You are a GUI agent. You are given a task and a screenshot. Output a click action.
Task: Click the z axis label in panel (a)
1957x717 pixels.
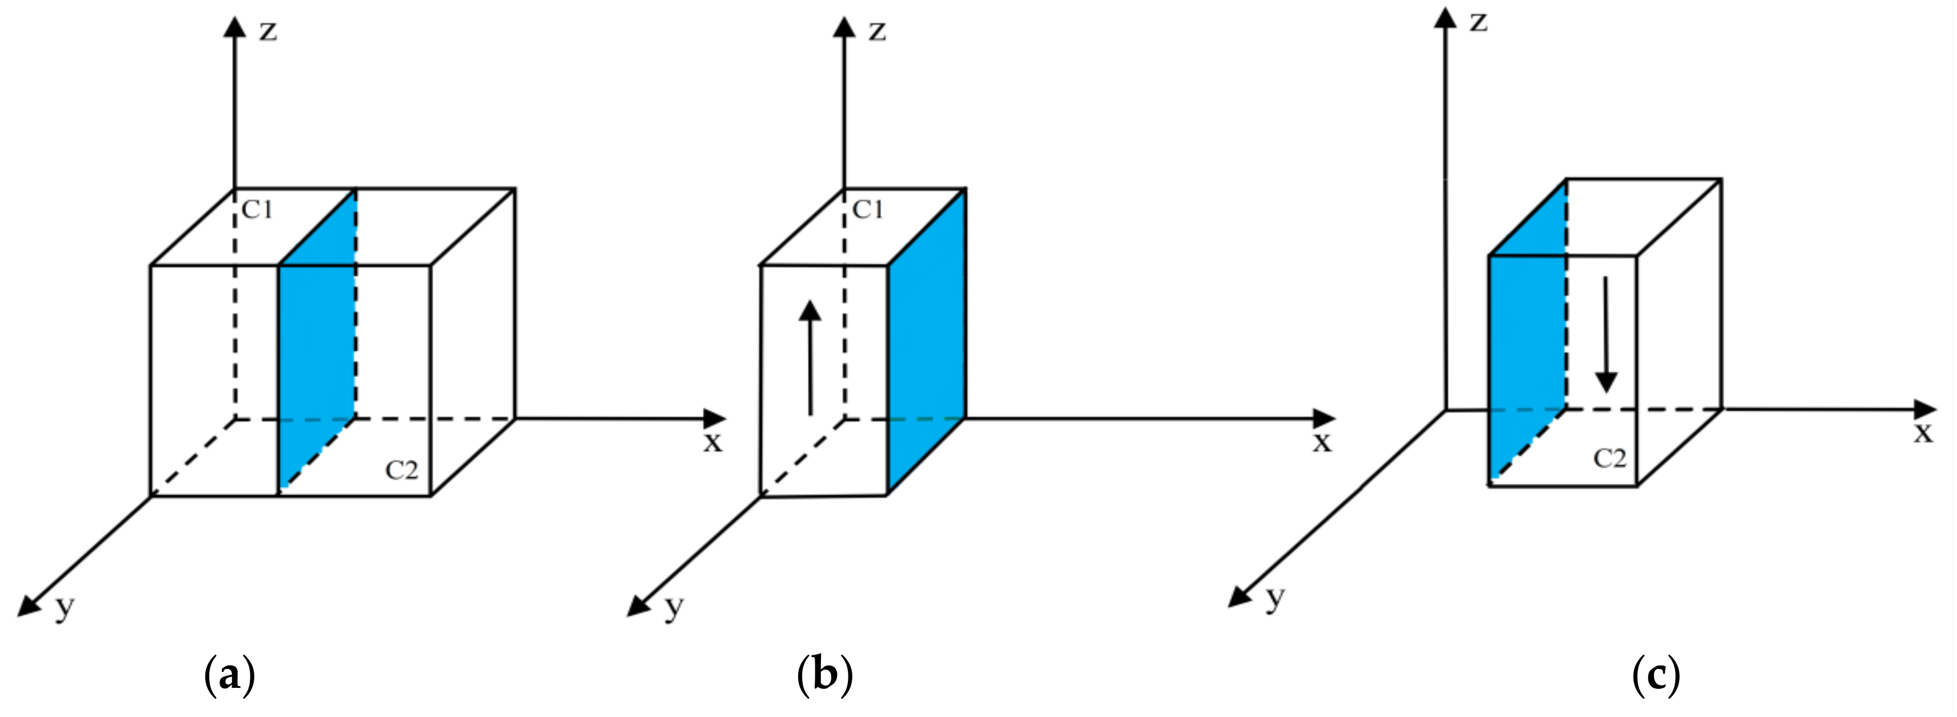point(268,32)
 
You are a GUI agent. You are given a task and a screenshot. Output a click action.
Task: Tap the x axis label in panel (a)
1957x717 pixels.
point(712,442)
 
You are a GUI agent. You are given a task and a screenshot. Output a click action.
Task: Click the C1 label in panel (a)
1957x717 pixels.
point(257,210)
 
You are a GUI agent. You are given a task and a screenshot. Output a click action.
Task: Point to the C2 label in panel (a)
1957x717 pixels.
point(402,471)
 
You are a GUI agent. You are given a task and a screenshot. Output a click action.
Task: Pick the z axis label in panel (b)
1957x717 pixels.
point(878,32)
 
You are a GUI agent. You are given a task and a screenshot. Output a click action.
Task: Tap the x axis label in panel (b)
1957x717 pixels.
point(1322,442)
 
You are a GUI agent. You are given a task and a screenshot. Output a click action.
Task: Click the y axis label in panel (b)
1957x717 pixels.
point(675,608)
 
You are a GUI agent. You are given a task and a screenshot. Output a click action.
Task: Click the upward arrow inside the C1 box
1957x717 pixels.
point(811,357)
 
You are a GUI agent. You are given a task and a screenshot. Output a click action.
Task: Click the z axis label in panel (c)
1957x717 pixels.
point(1478,23)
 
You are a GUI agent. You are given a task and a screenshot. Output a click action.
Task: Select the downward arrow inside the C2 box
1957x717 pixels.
point(1605,334)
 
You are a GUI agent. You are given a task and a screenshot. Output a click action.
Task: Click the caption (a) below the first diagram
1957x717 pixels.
point(229,675)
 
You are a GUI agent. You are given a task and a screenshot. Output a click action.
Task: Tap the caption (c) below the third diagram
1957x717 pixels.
point(1656,675)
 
